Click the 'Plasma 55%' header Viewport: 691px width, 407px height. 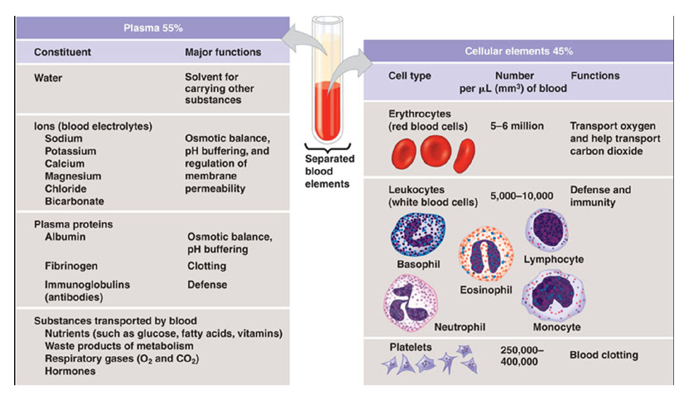click(x=152, y=28)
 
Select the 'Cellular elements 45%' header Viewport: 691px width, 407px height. click(x=518, y=51)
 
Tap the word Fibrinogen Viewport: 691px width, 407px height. click(x=71, y=266)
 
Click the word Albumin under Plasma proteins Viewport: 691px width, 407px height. click(x=65, y=237)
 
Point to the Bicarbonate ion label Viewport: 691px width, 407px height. click(x=74, y=201)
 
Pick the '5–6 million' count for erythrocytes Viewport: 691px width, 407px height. click(x=517, y=126)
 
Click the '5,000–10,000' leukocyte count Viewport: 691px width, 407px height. click(x=522, y=196)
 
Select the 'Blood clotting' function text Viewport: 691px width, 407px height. click(x=603, y=355)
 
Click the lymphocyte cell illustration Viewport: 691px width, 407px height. click(x=547, y=230)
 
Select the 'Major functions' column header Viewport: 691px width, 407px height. click(x=223, y=52)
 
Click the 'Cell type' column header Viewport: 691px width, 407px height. click(x=410, y=76)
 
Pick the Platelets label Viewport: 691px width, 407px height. click(x=410, y=346)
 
